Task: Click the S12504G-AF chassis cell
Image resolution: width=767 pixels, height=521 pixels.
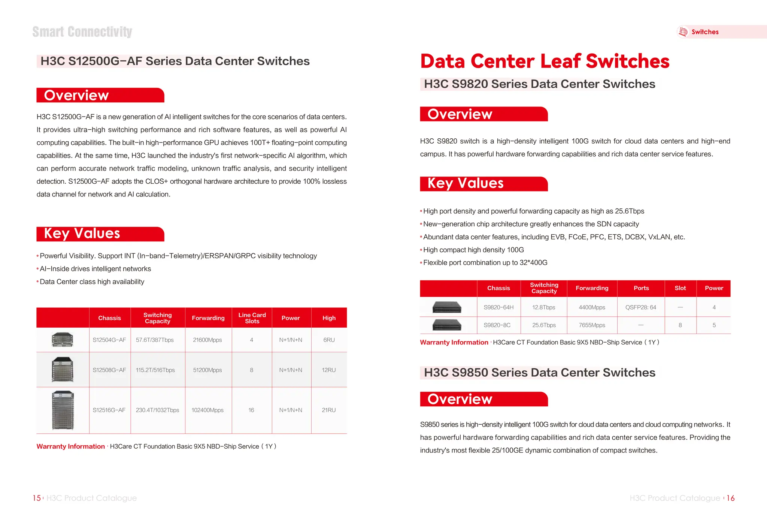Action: point(109,340)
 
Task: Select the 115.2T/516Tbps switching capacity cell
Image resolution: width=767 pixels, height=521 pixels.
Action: point(155,370)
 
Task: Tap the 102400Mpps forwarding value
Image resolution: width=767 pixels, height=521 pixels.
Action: point(207,410)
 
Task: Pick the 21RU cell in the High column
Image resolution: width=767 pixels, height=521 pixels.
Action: point(329,410)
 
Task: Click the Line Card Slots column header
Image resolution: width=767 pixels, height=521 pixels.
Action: point(252,318)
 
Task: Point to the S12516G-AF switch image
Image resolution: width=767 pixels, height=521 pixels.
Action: point(63,410)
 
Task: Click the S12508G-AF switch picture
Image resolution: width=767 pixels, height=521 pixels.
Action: point(63,370)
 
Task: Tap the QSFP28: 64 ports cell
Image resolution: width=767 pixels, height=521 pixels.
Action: point(641,307)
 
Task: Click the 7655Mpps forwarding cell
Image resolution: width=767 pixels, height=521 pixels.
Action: point(592,325)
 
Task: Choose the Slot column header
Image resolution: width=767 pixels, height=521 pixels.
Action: point(680,288)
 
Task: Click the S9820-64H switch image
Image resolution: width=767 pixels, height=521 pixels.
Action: point(447,307)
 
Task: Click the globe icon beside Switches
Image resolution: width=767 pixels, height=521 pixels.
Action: point(683,32)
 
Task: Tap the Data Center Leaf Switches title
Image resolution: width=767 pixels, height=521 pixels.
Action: point(545,61)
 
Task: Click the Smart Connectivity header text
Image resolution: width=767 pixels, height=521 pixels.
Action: point(82,32)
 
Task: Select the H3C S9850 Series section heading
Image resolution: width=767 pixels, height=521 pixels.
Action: point(539,373)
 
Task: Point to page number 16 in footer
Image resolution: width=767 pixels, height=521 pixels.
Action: point(730,498)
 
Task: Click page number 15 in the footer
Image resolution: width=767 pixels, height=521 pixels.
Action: point(37,498)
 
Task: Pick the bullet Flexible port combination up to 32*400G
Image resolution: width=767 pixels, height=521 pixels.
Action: point(485,263)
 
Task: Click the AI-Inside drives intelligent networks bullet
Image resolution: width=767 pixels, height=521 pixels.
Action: point(95,269)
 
